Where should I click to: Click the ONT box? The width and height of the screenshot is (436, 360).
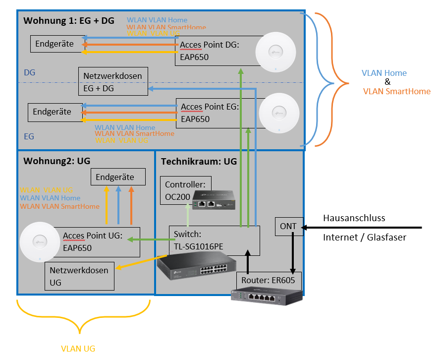pyautogui.click(x=288, y=226)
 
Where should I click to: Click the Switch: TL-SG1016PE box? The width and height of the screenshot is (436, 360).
pyautogui.click(x=214, y=240)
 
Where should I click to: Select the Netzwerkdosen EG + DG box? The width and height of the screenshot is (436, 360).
pyautogui.click(x=113, y=82)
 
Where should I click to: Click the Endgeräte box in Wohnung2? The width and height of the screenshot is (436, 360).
pyautogui.click(x=118, y=177)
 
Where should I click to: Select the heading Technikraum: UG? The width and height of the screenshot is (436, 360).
pyautogui.click(x=199, y=161)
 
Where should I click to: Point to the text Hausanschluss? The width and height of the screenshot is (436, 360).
pyautogui.click(x=354, y=218)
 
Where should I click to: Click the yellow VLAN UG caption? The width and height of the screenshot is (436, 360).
pyautogui.click(x=78, y=349)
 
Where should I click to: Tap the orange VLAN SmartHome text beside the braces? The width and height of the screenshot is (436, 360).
pyautogui.click(x=396, y=91)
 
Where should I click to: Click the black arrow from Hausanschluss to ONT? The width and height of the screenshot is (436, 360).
pyautogui.click(x=362, y=228)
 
